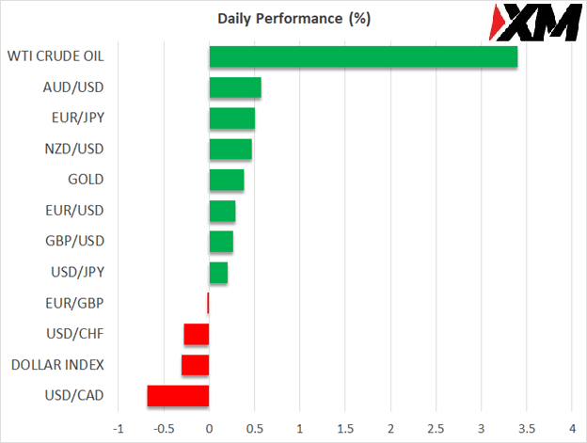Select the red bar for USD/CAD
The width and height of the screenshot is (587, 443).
tap(178, 396)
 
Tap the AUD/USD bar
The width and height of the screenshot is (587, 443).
tap(235, 87)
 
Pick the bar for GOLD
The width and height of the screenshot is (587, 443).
tap(227, 180)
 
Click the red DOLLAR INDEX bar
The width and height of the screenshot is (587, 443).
tap(195, 365)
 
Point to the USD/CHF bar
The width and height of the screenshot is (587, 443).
tap(197, 334)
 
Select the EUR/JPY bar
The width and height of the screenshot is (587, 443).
tap(231, 119)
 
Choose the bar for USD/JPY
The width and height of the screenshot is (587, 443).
tap(218, 273)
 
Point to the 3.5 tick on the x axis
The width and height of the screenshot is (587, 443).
tap(481, 428)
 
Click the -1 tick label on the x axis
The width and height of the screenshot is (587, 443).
tap(118, 428)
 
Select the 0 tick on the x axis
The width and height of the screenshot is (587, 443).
tap(209, 428)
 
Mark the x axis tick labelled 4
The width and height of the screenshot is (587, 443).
tap(572, 428)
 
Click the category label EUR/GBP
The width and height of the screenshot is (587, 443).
tap(74, 303)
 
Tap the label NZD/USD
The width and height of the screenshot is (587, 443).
tap(74, 149)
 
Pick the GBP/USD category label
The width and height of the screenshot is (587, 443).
tap(74, 241)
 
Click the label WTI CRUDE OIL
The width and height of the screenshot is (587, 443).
tap(55, 56)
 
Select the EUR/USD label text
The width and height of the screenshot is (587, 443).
tap(74, 211)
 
